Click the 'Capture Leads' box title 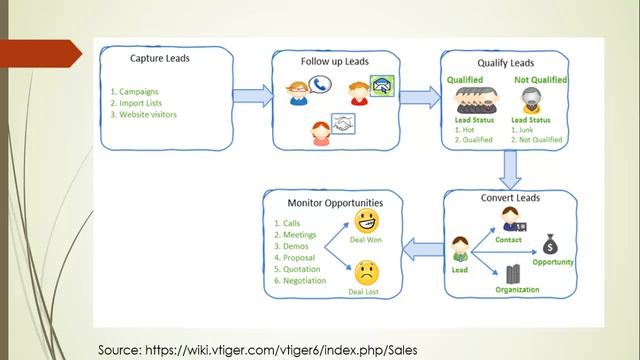coord(161,58)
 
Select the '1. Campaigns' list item coord(137,91)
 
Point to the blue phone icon coord(320,86)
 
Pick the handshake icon coord(346,127)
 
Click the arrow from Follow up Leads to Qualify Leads coord(420,96)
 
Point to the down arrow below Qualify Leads coord(511,170)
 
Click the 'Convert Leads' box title coord(510,198)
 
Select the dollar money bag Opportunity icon coord(550,243)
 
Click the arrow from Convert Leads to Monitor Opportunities coord(420,246)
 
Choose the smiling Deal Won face coord(367,221)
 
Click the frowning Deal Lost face coord(367,270)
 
